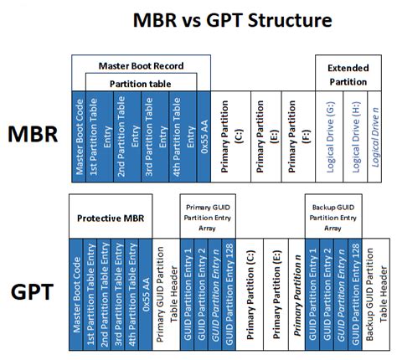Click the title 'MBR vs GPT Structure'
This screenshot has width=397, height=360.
click(x=198, y=19)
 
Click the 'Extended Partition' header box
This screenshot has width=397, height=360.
click(x=347, y=74)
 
